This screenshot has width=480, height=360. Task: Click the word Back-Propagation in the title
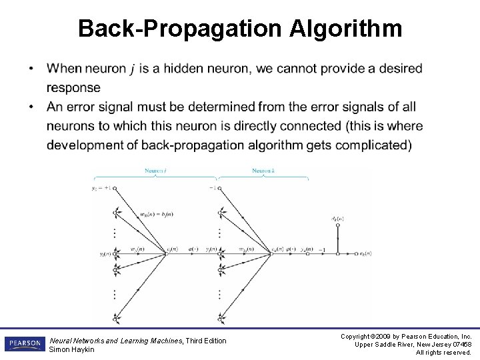point(181,29)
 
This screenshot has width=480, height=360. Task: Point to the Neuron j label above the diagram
point(155,171)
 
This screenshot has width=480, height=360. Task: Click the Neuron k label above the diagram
point(263,171)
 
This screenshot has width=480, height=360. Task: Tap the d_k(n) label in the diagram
point(337,218)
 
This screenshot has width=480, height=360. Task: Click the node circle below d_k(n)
point(337,226)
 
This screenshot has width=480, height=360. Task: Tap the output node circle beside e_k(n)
point(354,253)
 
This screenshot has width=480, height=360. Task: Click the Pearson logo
point(24,344)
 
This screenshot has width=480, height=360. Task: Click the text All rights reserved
point(443,353)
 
